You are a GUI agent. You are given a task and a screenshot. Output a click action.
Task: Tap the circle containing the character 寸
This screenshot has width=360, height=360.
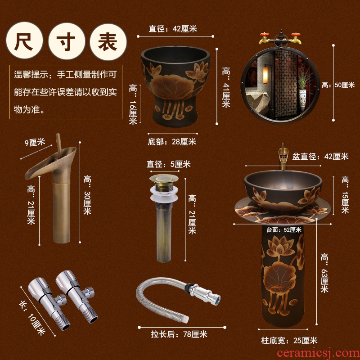coord(67,41)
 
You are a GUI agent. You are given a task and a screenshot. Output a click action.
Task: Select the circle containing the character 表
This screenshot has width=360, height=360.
coord(108,42)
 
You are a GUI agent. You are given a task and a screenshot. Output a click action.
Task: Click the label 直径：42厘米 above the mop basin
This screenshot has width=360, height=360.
coord(173,29)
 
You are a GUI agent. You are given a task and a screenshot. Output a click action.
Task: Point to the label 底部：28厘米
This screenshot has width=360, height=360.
coord(172,142)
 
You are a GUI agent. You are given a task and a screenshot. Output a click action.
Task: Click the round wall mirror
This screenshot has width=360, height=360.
coord(280,85)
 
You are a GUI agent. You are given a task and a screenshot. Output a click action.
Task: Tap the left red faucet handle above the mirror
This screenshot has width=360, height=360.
coord(264,35)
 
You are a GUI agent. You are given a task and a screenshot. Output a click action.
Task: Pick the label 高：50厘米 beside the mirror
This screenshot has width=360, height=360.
coord(338,85)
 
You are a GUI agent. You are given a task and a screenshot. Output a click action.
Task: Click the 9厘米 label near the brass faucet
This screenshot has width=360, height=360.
coord(35,142)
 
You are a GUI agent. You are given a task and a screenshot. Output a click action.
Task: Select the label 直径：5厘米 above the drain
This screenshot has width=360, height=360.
coord(168,164)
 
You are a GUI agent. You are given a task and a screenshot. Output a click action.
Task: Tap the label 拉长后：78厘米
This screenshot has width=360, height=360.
coord(179,334)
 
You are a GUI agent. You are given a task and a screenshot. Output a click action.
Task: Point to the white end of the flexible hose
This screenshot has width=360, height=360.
coord(186,319)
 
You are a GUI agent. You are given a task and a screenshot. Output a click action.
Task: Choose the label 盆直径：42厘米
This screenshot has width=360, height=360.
coord(320,157)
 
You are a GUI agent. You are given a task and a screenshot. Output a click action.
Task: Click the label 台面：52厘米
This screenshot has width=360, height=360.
coord(284,229)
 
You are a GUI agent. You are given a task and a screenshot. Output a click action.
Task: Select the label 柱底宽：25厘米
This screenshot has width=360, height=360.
coord(289,341)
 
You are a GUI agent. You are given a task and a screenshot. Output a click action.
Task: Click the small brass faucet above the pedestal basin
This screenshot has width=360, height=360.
coord(283,157)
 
